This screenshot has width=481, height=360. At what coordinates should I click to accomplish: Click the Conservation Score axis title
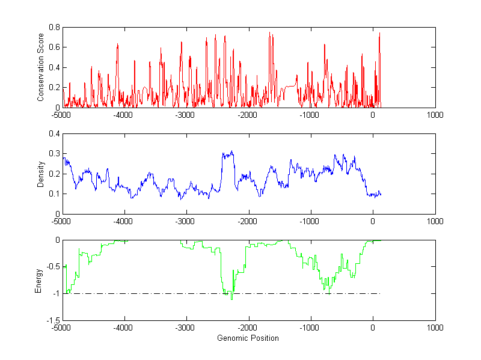tap(41, 67)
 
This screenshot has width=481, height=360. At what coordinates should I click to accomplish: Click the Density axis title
tap(41, 173)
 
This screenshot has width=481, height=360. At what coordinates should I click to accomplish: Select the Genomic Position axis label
tap(248, 338)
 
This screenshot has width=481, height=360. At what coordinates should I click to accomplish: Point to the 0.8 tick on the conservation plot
tap(54, 27)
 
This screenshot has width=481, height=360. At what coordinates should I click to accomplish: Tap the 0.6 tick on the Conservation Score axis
tap(54, 47)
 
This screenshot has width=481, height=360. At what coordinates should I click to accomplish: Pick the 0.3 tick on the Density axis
tap(54, 153)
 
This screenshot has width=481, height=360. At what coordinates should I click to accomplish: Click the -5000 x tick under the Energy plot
tap(62, 328)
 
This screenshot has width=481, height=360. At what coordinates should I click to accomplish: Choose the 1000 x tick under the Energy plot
tap(435, 328)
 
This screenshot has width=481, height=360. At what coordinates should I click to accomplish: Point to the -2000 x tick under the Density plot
tap(248, 221)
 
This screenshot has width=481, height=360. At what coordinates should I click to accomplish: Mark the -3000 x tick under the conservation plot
tap(186, 115)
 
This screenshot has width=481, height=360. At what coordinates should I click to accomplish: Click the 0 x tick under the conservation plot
tap(373, 115)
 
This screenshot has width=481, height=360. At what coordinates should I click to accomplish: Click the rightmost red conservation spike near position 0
tap(379, 34)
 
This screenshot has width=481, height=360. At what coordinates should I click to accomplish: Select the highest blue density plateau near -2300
tap(228, 154)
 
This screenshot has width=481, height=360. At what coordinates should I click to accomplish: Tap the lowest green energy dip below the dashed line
tap(231, 299)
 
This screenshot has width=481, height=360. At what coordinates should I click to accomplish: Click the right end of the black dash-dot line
tap(380, 293)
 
